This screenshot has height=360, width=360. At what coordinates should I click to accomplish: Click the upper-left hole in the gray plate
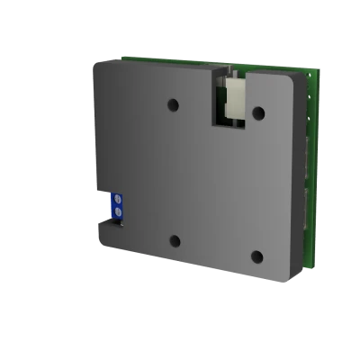tap(174, 106)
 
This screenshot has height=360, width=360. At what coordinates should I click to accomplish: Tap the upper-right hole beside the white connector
tap(257, 112)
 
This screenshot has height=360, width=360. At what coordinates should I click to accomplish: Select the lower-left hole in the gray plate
tap(175, 241)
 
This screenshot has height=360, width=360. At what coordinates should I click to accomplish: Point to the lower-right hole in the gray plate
tap(256, 256)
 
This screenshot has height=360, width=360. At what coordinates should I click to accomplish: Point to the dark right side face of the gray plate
tap(299, 180)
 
